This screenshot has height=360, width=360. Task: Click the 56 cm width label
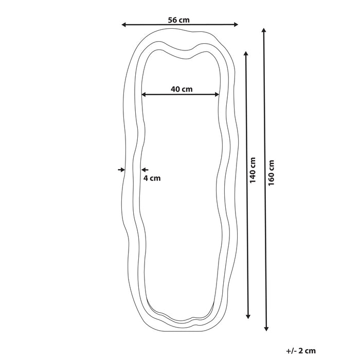coord(179,20)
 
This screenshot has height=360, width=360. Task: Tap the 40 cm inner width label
coord(182,89)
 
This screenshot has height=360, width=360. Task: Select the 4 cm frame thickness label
coord(152,178)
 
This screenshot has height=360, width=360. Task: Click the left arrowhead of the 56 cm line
coord(123,24)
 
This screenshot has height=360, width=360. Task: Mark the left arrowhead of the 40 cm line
coord(144,95)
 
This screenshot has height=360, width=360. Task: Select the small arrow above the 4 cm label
coord(145,169)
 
